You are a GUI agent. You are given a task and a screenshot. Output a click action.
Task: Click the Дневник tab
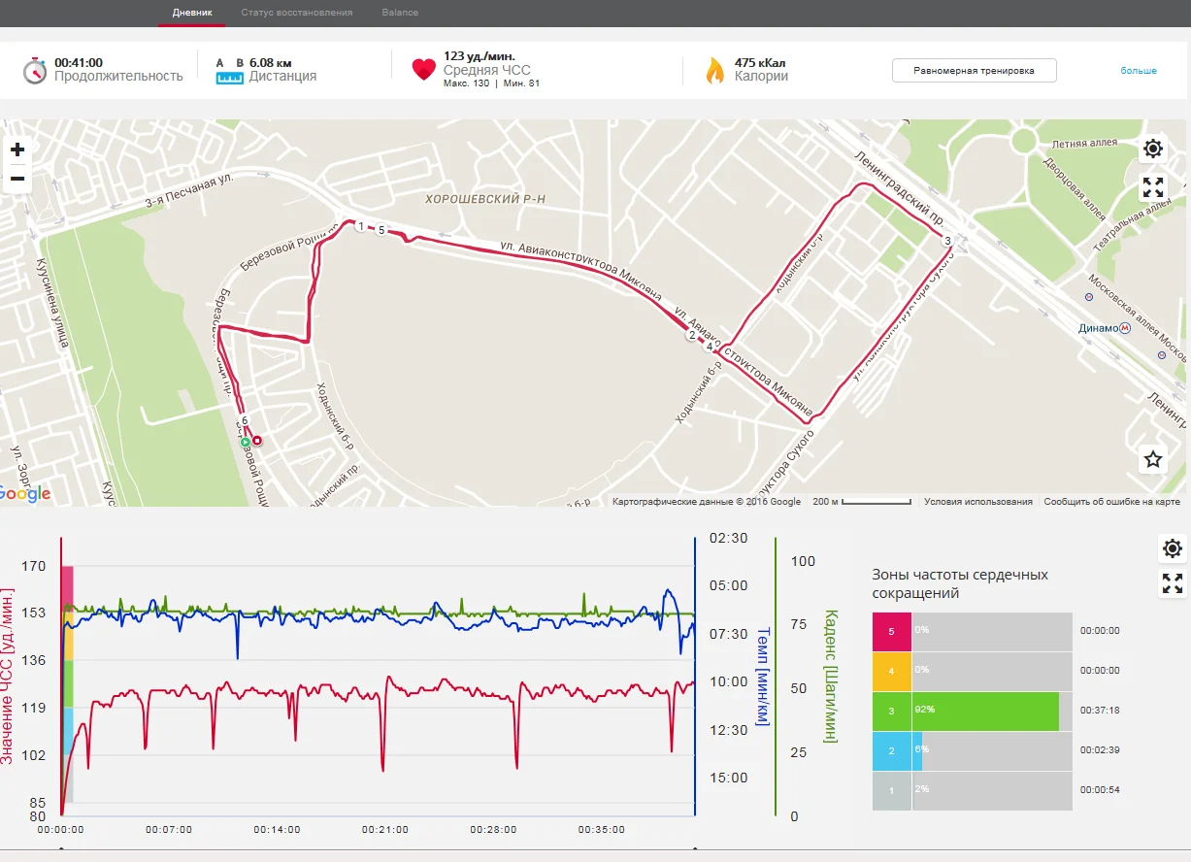(191, 13)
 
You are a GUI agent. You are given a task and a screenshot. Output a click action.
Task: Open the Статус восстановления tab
(297, 13)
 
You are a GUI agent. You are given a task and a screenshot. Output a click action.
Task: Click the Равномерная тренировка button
(974, 71)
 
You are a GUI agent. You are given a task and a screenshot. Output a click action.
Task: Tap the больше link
(1139, 71)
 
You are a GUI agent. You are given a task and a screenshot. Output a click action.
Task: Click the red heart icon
(423, 70)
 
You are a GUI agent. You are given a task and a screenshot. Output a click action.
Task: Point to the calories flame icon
(714, 71)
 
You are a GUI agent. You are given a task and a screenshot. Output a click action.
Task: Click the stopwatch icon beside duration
(35, 70)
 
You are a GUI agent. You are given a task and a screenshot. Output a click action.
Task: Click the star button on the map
(1152, 459)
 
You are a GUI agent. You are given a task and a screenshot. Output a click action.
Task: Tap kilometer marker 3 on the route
(946, 240)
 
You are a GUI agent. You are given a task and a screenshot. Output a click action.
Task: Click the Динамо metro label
(1098, 328)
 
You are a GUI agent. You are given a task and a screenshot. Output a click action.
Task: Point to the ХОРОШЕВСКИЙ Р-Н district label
(485, 199)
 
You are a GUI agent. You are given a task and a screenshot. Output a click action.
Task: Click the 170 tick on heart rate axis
(33, 565)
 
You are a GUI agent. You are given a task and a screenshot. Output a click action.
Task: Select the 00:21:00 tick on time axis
(385, 830)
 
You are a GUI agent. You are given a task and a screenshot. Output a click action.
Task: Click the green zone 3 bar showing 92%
(984, 711)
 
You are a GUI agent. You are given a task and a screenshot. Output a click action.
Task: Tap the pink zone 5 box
(892, 631)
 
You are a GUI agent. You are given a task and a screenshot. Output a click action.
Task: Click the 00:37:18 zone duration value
(1100, 711)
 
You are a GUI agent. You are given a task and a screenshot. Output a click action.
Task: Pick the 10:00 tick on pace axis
(728, 681)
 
